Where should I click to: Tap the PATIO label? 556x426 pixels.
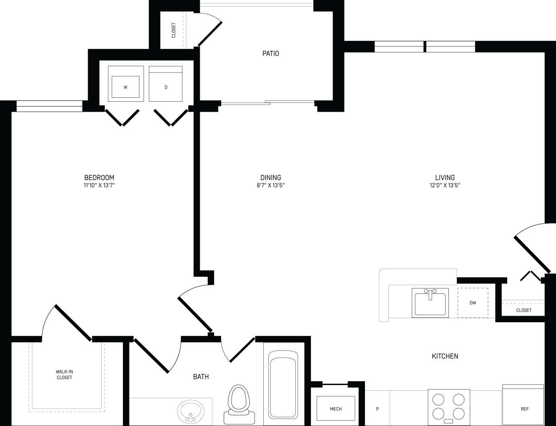point(271,54)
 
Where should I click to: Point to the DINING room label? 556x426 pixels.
point(271,177)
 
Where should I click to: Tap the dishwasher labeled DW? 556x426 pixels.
point(473,303)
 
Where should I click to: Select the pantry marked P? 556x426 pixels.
point(377,409)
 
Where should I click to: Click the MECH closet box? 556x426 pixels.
point(335,409)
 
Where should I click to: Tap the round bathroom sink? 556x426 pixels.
point(190,409)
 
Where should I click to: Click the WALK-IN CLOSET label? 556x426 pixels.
point(64,375)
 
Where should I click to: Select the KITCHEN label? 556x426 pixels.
point(445,356)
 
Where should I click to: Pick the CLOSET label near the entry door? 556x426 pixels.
point(523,310)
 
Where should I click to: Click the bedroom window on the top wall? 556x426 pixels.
point(49,106)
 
